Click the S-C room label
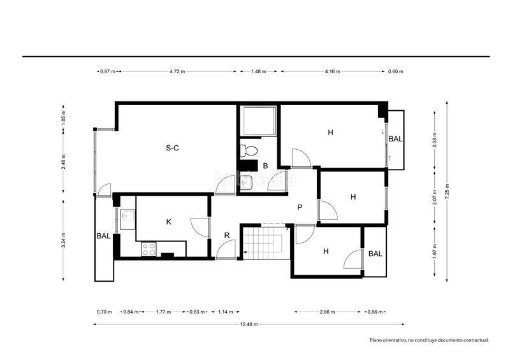point(172,148)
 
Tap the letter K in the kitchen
point(168,222)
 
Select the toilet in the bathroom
point(249,150)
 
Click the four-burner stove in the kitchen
point(149,249)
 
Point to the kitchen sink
point(127,215)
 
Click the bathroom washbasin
point(246,183)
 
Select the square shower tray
point(258,120)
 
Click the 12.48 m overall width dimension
point(249,324)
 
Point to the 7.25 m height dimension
point(448,191)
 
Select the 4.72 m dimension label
point(177,71)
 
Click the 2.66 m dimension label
point(327,312)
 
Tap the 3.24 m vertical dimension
point(64,240)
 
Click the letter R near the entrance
point(227,235)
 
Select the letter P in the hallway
point(300,207)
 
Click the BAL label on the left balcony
point(103,236)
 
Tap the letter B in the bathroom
point(265,166)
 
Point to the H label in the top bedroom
point(330,133)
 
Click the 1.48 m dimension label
point(259,71)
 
